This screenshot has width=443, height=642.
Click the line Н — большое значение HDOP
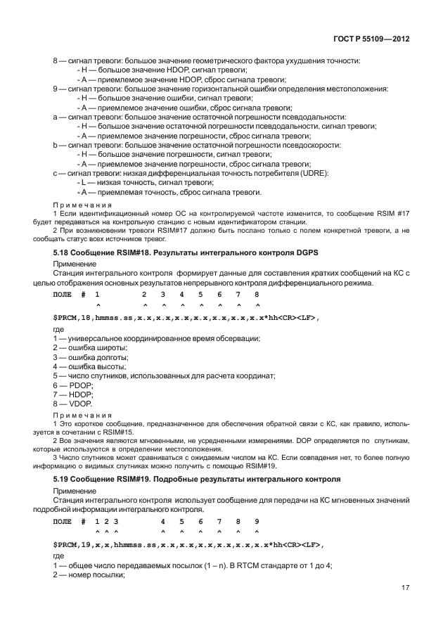pyautogui.click(x=160, y=70)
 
